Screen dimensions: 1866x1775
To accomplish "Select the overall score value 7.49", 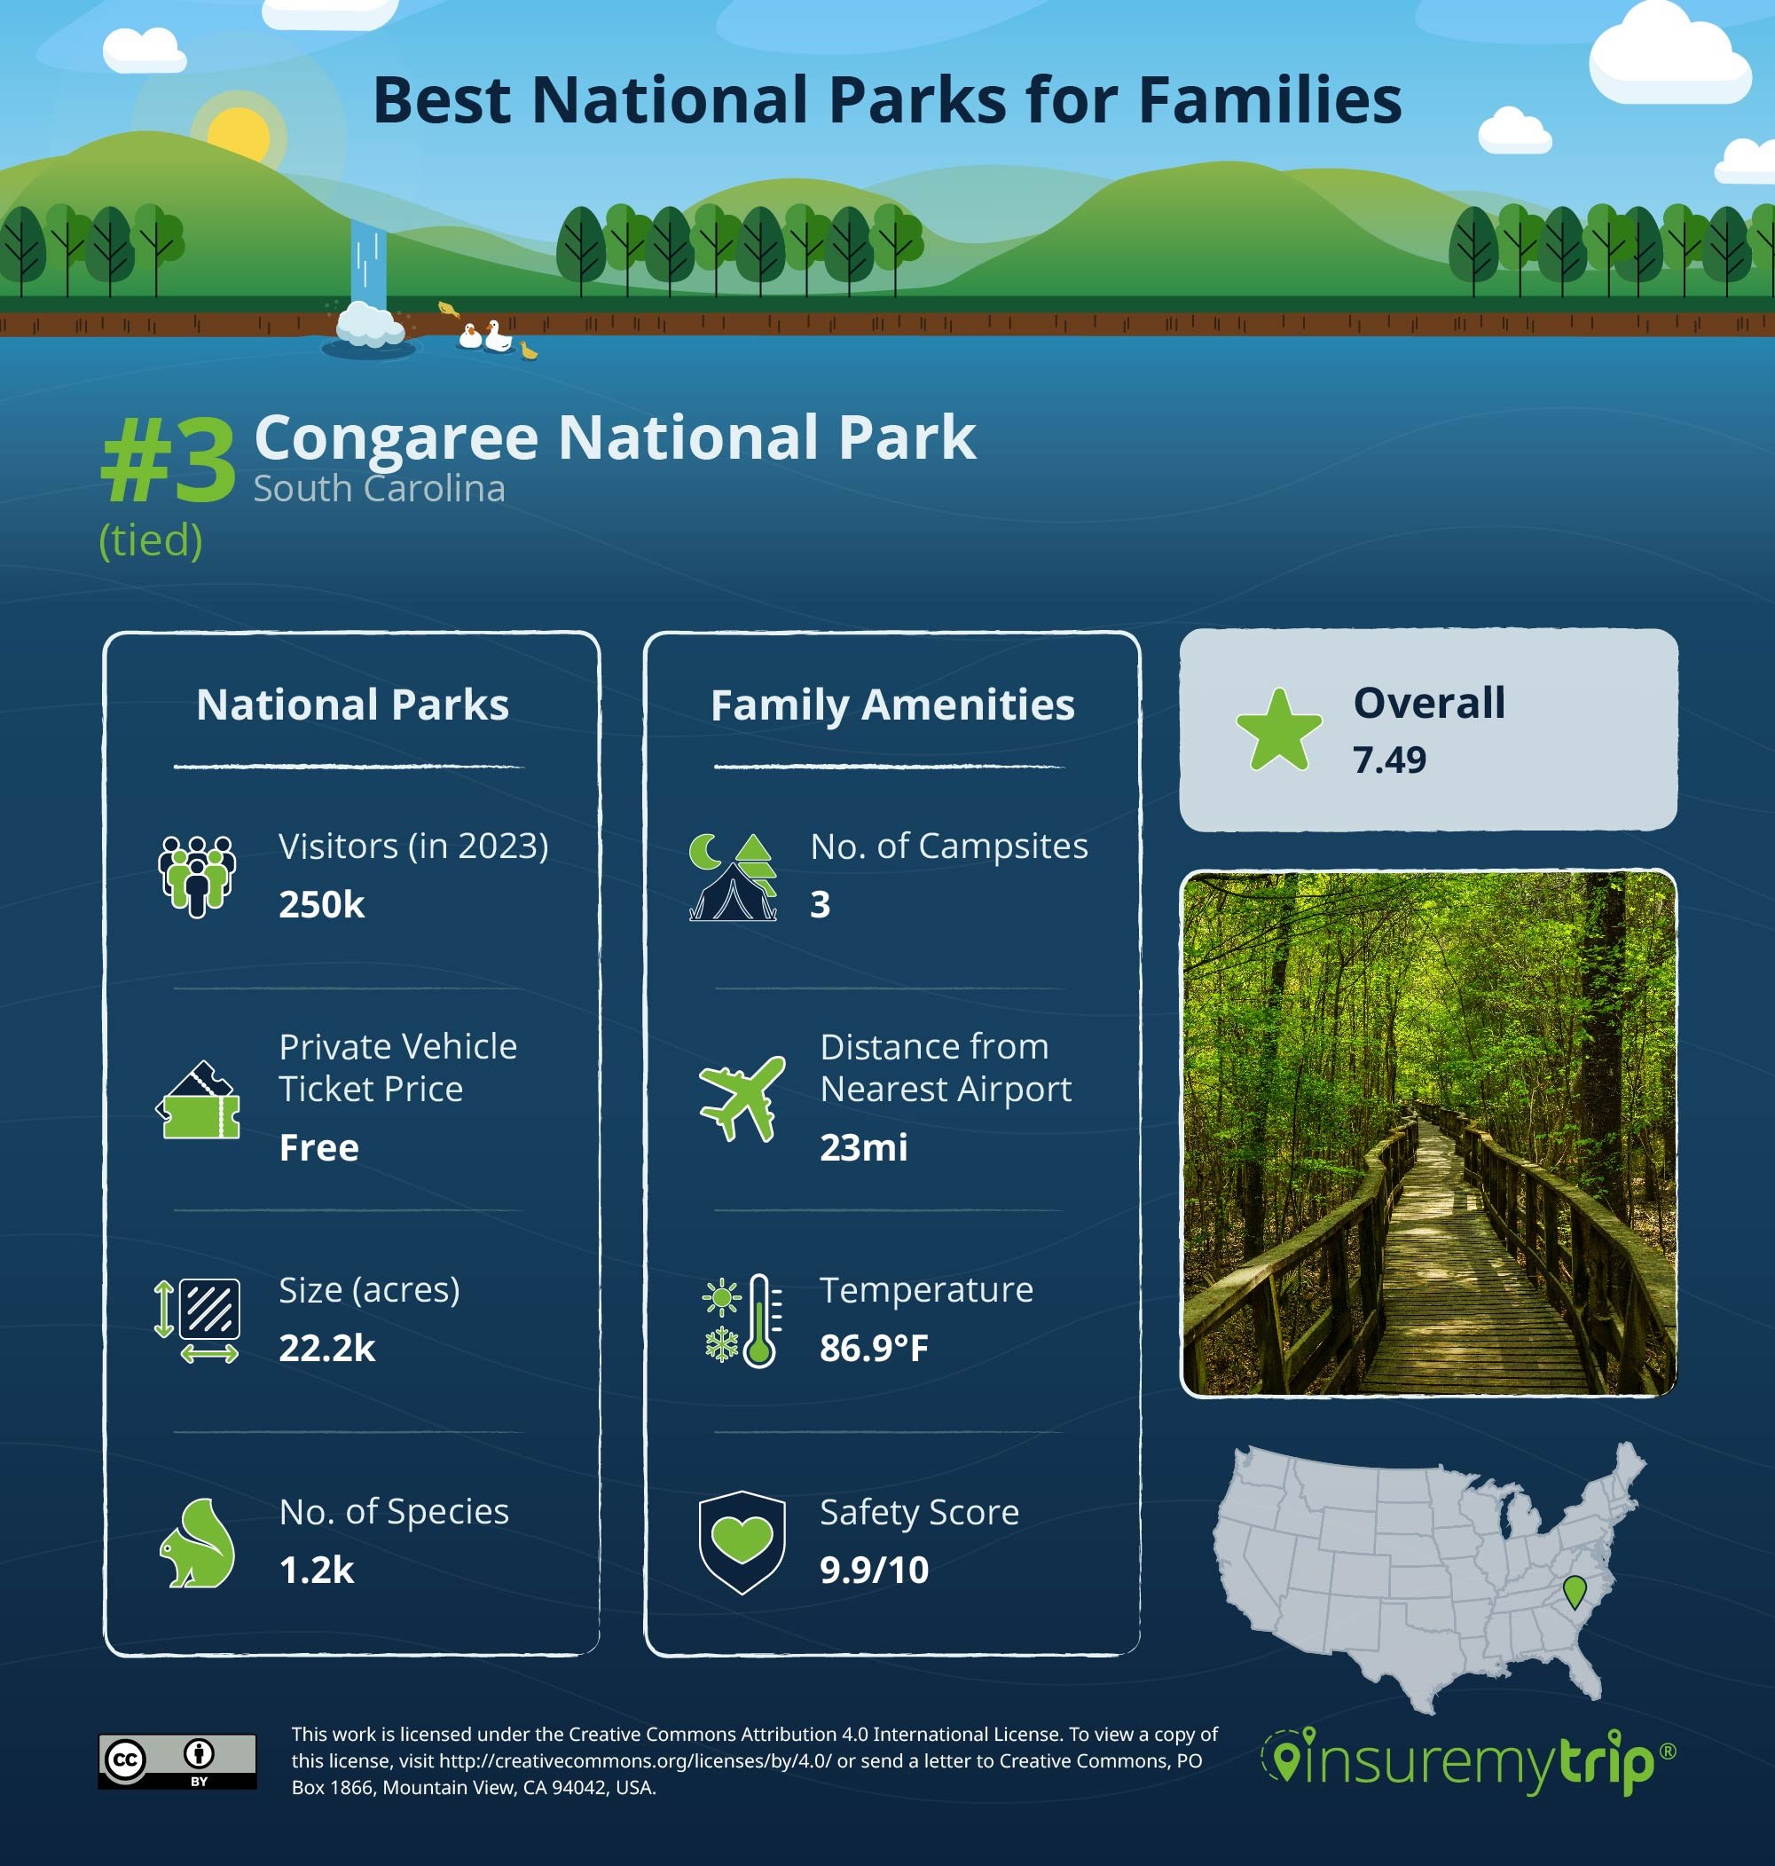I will point(1388,760).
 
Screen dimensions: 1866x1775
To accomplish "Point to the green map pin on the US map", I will point(1575,1591).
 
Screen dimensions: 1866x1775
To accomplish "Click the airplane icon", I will point(742,1098).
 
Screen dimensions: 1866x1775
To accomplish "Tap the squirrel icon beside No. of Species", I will point(197,1542).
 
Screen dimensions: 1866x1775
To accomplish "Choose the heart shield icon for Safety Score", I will point(742,1542).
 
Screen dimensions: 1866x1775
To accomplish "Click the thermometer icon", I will point(760,1320).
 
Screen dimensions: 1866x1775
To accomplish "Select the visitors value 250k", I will point(321,905).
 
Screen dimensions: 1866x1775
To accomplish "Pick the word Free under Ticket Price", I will point(318,1148).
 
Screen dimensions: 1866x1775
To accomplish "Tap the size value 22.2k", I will point(326,1349).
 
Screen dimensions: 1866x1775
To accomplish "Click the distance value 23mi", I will point(863,1148).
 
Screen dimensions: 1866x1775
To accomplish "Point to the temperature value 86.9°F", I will point(874,1349).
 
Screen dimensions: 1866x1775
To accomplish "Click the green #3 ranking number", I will point(168,461).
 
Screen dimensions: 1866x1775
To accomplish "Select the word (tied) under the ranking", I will point(151,540).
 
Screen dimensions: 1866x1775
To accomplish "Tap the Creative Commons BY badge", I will point(177,1761).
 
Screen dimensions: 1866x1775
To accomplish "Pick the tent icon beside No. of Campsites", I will point(733,878).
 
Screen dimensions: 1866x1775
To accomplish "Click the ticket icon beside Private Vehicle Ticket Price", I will point(198,1100).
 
